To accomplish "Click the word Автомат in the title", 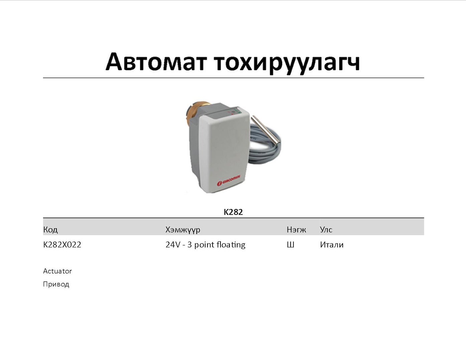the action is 156,62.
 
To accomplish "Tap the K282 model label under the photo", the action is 233,212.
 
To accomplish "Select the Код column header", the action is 50,230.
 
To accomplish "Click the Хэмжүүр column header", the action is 183,230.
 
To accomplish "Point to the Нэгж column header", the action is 296,230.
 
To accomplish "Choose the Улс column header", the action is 326,230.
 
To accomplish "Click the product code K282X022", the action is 62,245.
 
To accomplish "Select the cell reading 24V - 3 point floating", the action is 205,245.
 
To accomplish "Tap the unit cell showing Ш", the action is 290,245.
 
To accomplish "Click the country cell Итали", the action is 332,245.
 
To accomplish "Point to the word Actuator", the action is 57,271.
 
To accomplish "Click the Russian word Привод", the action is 56,284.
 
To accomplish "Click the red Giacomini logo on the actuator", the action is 228,180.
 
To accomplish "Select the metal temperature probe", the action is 266,131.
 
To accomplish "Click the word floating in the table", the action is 231,245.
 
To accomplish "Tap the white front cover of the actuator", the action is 224,150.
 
